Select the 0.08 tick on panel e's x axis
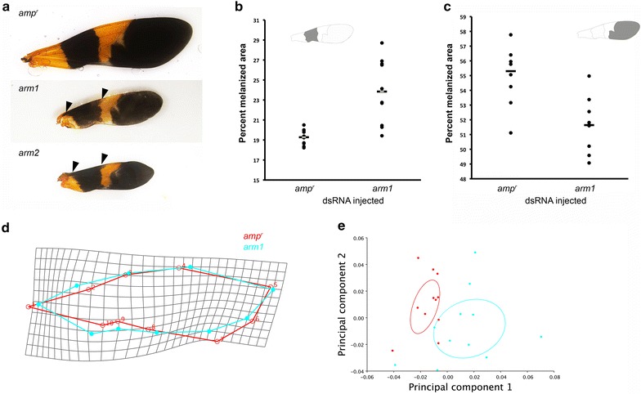pos(554,377)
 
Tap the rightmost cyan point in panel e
pos(541,337)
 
